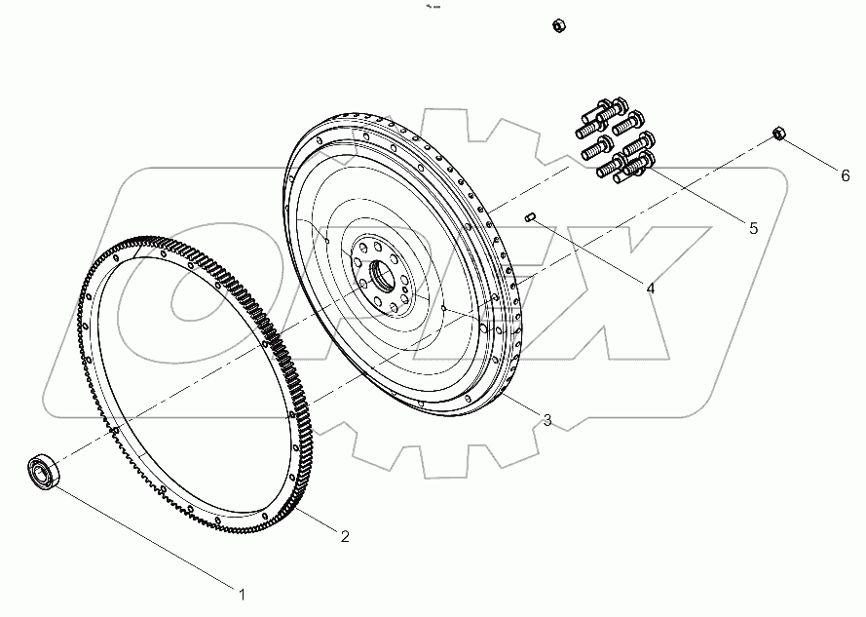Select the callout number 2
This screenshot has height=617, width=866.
pos(345,535)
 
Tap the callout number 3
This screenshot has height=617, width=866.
pos(547,420)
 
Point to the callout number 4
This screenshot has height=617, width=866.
pos(649,288)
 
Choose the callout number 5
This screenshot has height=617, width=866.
pos(752,228)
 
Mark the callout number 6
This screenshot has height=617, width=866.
pos(846,175)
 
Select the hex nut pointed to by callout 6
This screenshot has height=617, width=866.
pos(779,134)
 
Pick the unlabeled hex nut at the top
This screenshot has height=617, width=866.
pos(559,24)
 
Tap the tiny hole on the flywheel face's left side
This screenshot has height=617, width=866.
pos(328,239)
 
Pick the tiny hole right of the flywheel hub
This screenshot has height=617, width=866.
pos(443,309)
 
